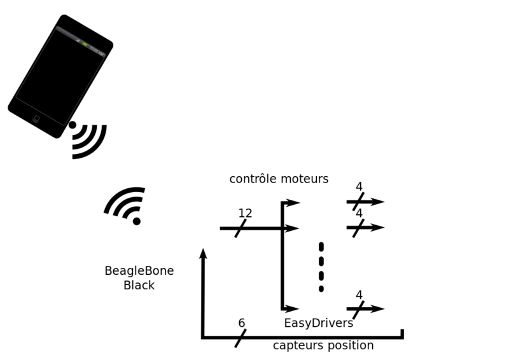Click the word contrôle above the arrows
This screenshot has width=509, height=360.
pyautogui.click(x=253, y=179)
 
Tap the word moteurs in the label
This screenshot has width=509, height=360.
pyautogui.click(x=305, y=179)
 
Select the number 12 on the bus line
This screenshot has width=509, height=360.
pyautogui.click(x=245, y=213)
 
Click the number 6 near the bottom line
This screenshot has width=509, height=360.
pyautogui.click(x=242, y=323)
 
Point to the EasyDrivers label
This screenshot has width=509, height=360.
pyautogui.click(x=319, y=323)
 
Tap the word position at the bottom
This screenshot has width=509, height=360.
pyautogui.click(x=347, y=345)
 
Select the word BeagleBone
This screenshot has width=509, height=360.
pyautogui.click(x=139, y=271)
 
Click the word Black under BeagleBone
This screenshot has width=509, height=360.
pyautogui.click(x=139, y=286)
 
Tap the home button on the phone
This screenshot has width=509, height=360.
pyautogui.click(x=36, y=118)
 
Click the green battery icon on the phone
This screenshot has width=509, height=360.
pyautogui.click(x=85, y=45)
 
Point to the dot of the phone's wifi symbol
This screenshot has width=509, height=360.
pyautogui.click(x=73, y=125)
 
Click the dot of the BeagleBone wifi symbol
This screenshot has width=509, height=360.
pyautogui.click(x=137, y=221)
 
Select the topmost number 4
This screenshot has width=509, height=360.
pyautogui.click(x=359, y=186)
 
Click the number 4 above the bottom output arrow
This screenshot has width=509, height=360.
pyautogui.click(x=359, y=294)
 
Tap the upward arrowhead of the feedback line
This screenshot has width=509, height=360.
pyautogui.click(x=203, y=254)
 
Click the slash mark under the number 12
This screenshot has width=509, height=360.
pyautogui.click(x=241, y=228)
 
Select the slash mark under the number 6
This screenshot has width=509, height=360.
pyautogui.click(x=241, y=338)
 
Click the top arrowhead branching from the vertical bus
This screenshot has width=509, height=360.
pyautogui.click(x=293, y=202)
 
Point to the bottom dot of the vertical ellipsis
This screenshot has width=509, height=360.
pyautogui.click(x=321, y=289)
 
